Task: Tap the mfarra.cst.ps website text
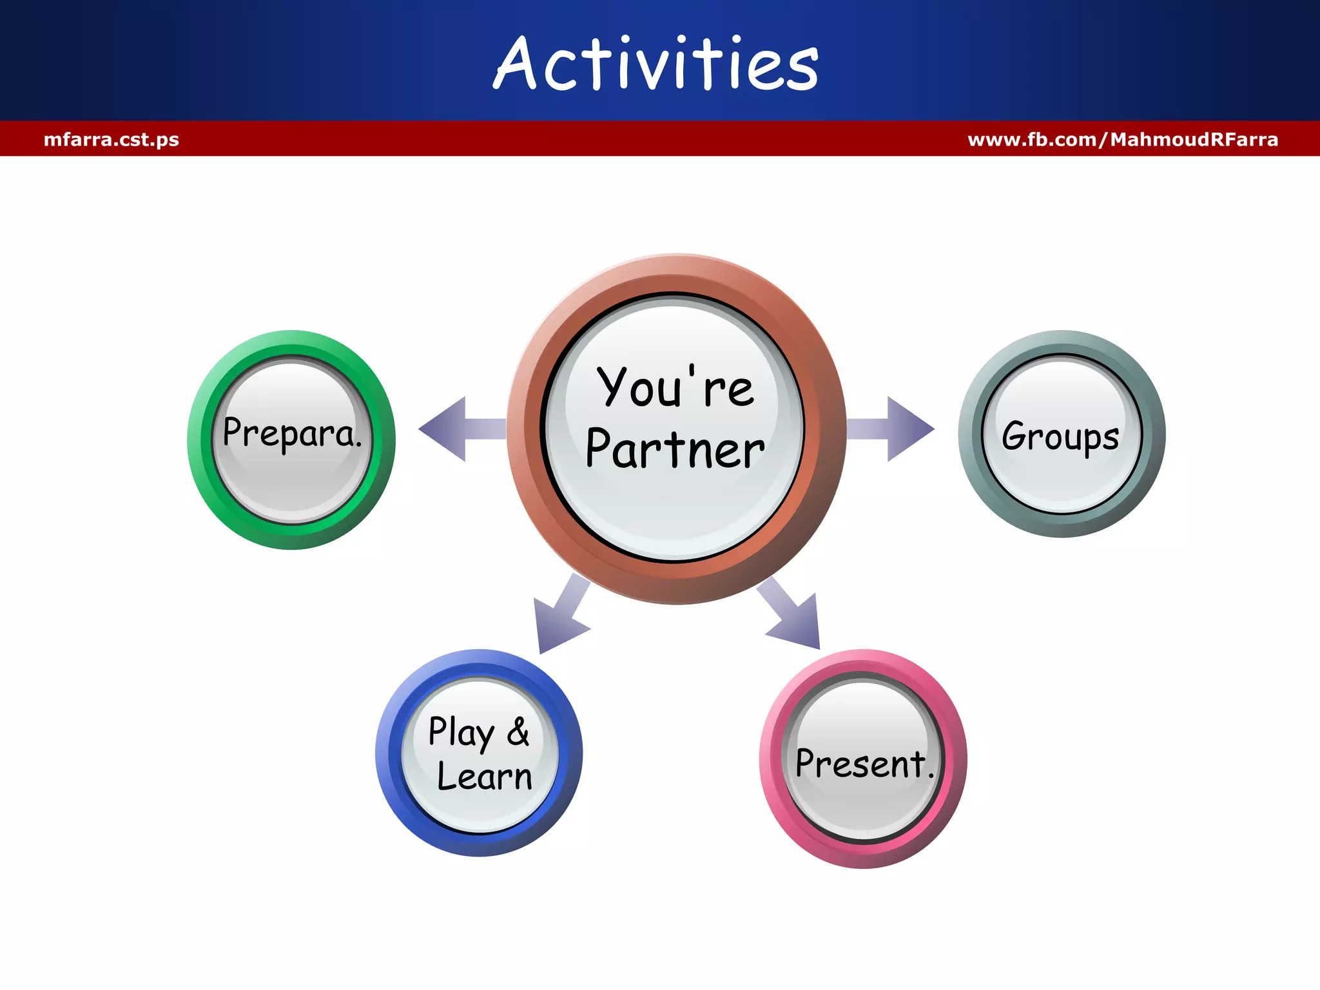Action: (x=111, y=139)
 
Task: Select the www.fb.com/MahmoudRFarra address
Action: (x=1123, y=139)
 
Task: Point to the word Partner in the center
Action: (x=674, y=449)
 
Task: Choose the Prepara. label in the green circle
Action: (x=291, y=433)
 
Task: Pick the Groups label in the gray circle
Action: (x=1060, y=437)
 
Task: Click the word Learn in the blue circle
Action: (x=484, y=776)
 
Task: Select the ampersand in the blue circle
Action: (x=518, y=732)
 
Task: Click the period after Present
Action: (x=931, y=775)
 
